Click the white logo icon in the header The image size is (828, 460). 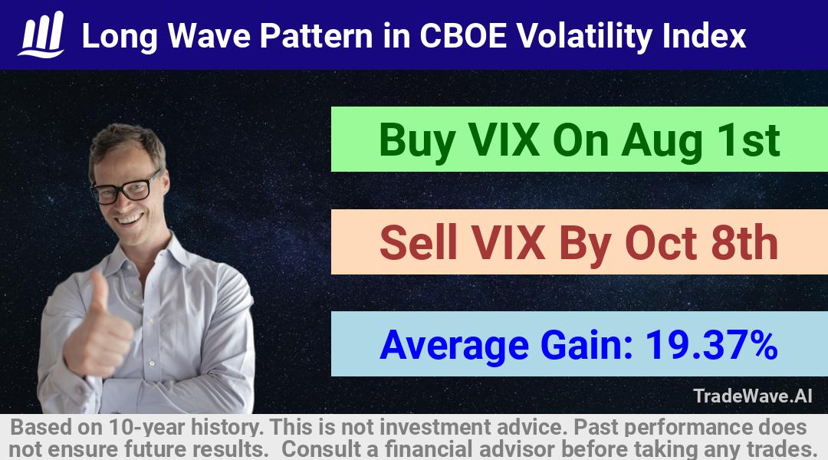[x=41, y=34]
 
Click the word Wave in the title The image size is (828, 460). [x=209, y=36]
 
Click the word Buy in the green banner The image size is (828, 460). [x=417, y=141]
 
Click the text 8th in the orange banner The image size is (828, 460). [x=744, y=242]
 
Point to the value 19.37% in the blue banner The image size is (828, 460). [x=711, y=345]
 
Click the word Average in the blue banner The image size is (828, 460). [x=454, y=347]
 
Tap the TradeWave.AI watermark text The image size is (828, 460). [x=753, y=396]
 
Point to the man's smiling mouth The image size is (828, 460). [x=130, y=219]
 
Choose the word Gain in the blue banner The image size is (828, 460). [x=586, y=345]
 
